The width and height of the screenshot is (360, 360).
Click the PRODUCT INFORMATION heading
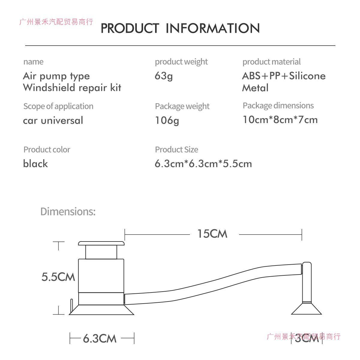(180, 28)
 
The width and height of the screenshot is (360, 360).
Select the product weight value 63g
(164, 76)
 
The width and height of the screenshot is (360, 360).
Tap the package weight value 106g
(167, 121)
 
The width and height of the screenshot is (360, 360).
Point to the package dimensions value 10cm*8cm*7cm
(280, 120)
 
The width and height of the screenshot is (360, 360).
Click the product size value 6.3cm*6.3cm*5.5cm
(203, 164)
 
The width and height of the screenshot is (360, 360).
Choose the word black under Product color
(35, 164)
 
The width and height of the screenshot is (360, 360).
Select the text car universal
(53, 121)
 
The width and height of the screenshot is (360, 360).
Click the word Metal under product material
(255, 88)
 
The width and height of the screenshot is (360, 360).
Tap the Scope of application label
(58, 106)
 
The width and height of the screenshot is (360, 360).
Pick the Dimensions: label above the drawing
(68, 211)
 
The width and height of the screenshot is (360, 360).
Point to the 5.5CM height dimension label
(58, 277)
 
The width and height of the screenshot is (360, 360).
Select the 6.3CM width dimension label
(100, 339)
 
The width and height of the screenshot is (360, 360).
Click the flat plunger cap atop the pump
(101, 243)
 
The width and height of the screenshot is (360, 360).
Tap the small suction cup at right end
(306, 309)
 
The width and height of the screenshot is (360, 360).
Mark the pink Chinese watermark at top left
(56, 22)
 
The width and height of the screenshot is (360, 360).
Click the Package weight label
(182, 106)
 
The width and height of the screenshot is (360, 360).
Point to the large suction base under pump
(101, 310)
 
